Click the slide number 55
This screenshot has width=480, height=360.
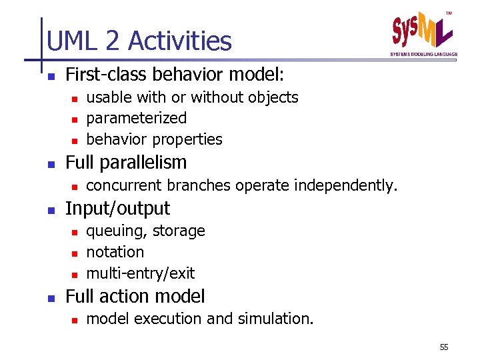point(444,347)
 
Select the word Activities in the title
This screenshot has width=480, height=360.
point(180,41)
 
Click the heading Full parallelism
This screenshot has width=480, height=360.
point(126,162)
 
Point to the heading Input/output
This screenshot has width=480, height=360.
point(117,208)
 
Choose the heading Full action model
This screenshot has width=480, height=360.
point(135,296)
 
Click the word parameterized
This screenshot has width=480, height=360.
point(137,118)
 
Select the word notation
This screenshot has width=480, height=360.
point(115,252)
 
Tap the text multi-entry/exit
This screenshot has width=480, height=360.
point(141,273)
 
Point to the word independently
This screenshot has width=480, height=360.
point(347,185)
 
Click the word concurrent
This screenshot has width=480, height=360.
point(125,185)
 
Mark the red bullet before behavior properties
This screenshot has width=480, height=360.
point(75,141)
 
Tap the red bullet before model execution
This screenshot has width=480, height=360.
point(75,320)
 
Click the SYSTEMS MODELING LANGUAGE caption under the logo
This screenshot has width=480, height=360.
point(423,54)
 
